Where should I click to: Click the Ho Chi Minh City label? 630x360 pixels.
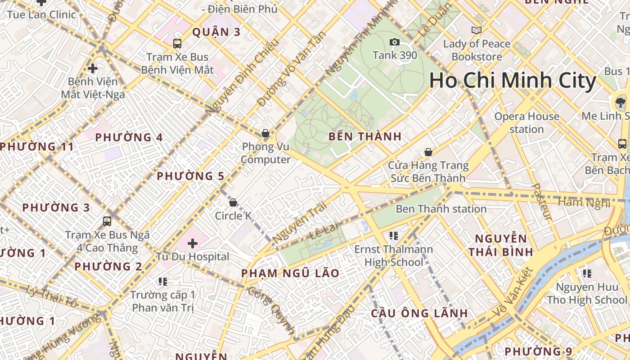pyautogui.click(x=513, y=81)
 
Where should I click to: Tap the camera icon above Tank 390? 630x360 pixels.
pyautogui.click(x=395, y=42)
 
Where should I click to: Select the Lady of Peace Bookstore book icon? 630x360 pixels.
pyautogui.click(x=476, y=31)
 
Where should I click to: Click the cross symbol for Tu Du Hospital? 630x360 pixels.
pyautogui.click(x=193, y=244)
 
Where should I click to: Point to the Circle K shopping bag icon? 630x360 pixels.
pyautogui.click(x=233, y=203)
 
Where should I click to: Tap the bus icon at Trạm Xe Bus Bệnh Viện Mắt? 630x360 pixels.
pyautogui.click(x=177, y=44)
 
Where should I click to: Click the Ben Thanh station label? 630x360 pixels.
pyautogui.click(x=441, y=209)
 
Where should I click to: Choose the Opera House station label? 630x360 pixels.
pyautogui.click(x=526, y=123)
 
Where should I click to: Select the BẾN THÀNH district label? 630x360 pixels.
pyautogui.click(x=365, y=137)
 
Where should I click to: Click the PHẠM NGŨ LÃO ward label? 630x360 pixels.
pyautogui.click(x=290, y=273)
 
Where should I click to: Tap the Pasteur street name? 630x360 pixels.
pyautogui.click(x=541, y=202)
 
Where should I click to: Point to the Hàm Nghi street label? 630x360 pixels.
pyautogui.click(x=584, y=202)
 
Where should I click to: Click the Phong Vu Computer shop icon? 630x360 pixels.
pyautogui.click(x=265, y=134)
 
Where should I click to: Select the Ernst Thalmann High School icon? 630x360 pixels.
pyautogui.click(x=394, y=235)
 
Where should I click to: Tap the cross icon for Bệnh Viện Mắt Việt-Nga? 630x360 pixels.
pyautogui.click(x=93, y=69)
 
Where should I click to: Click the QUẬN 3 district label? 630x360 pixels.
pyautogui.click(x=216, y=32)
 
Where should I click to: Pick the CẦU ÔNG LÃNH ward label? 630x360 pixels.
pyautogui.click(x=419, y=313)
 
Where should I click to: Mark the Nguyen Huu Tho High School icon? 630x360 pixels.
pyautogui.click(x=587, y=273)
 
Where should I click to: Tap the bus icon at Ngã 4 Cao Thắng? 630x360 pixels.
pyautogui.click(x=107, y=221)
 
